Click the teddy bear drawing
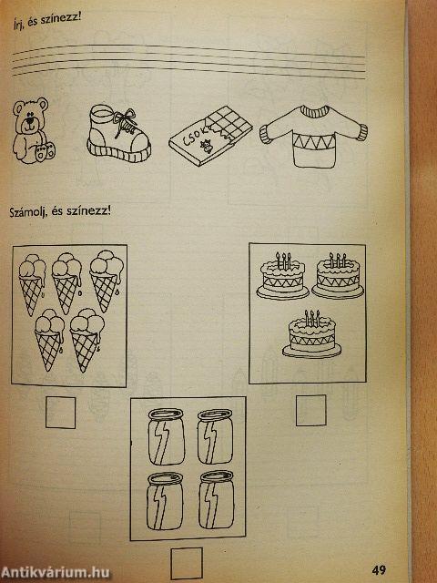[x=33, y=130]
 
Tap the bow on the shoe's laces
[x=126, y=116]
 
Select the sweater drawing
[x=314, y=136]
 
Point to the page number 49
[x=379, y=569]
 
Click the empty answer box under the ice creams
[x=61, y=413]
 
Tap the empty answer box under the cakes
[x=311, y=410]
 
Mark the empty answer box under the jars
[x=187, y=563]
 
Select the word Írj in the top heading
[x=18, y=26]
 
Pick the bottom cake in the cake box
[x=311, y=334]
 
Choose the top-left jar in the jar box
[x=166, y=436]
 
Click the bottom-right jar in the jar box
[x=217, y=500]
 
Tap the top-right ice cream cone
[x=107, y=280]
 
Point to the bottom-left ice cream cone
[x=49, y=339]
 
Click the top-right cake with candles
[x=338, y=276]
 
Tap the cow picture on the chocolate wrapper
[x=206, y=147]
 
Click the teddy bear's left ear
[x=18, y=107]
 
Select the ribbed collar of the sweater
[x=315, y=111]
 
